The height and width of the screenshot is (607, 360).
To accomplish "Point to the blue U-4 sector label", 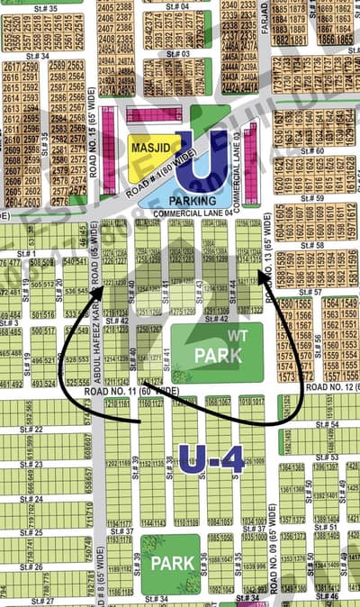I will click(211, 460).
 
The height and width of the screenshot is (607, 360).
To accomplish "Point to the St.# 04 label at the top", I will click(178, 7).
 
